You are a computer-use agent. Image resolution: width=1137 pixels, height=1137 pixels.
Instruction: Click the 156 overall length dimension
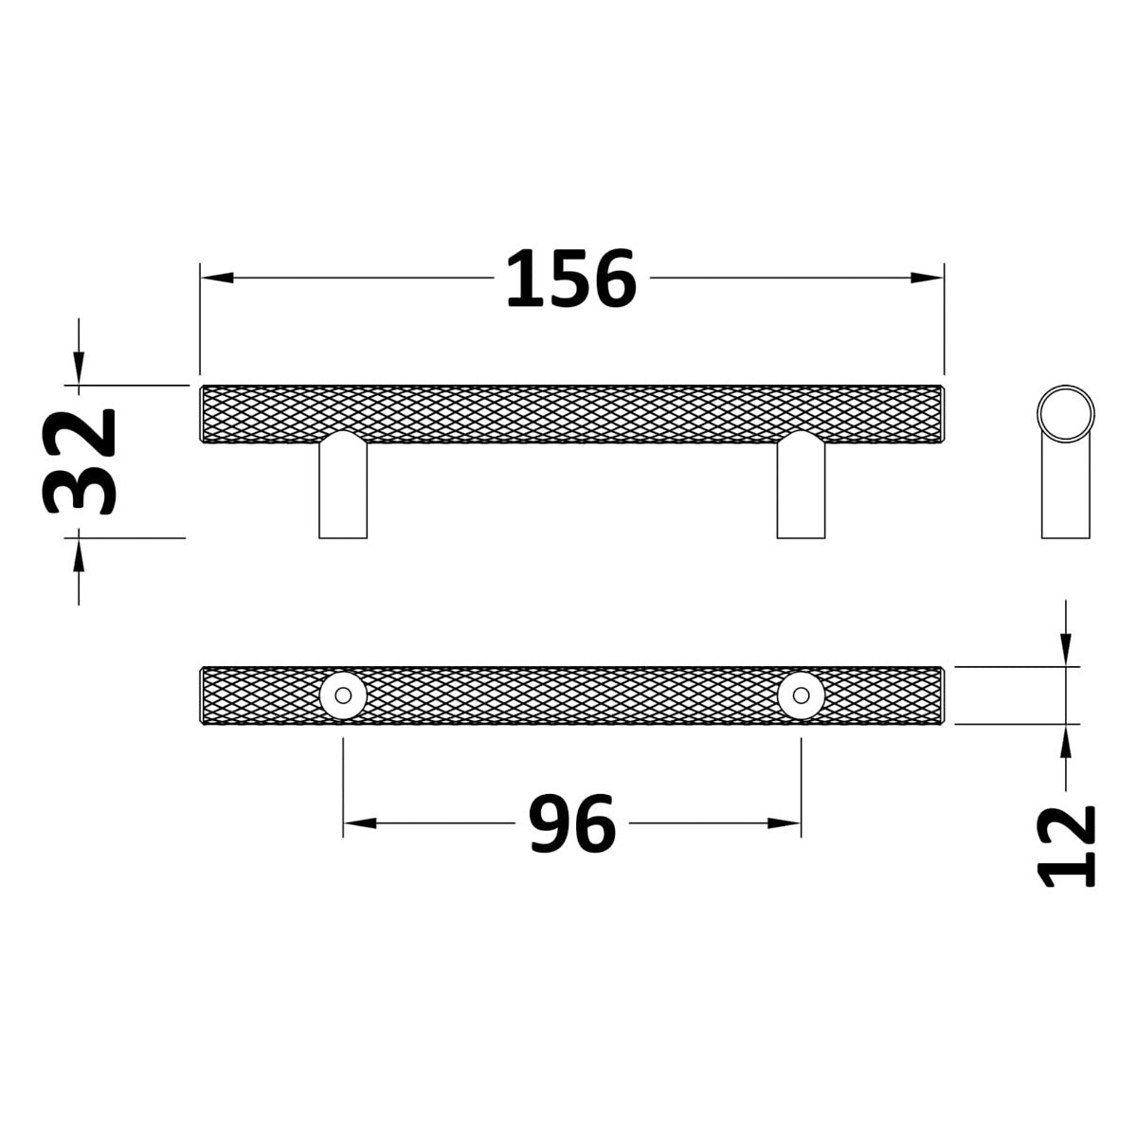pyautogui.click(x=571, y=279)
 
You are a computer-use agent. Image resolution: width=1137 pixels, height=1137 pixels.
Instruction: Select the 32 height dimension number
pyautogui.click(x=80, y=461)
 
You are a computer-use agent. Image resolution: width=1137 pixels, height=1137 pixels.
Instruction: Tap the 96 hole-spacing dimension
pyautogui.click(x=572, y=823)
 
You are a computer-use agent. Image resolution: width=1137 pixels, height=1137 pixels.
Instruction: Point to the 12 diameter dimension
pyautogui.click(x=1068, y=846)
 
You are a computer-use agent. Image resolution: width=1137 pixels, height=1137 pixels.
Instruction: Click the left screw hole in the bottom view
pyautogui.click(x=343, y=695)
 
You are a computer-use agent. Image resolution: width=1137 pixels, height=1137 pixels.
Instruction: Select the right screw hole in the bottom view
pyautogui.click(x=801, y=695)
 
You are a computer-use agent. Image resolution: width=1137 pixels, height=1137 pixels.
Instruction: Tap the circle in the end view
pyautogui.click(x=1066, y=413)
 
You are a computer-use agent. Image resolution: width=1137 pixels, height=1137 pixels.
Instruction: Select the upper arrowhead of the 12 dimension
pyautogui.click(x=1067, y=650)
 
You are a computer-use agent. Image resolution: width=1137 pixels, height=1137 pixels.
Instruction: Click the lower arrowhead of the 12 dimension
pyautogui.click(x=1067, y=742)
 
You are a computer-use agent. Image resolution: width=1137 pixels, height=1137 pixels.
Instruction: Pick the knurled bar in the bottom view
pyautogui.click(x=571, y=695)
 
